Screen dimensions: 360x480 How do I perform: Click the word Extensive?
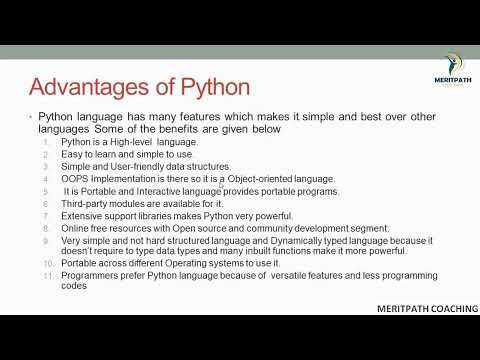pos(83,216)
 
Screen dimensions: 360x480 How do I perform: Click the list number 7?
pos(48,216)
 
